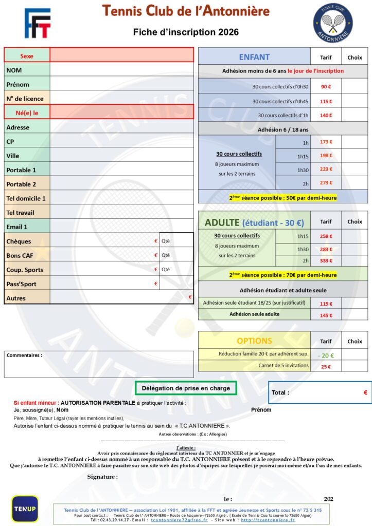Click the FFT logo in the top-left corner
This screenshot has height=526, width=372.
coord(38,23)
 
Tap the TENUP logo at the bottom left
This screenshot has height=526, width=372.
coord(25,509)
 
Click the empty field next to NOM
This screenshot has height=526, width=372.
coord(121,70)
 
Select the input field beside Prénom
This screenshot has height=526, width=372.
coord(121,84)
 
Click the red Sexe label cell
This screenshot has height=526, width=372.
coord(27,55)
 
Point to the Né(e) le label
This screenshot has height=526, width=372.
coord(27,112)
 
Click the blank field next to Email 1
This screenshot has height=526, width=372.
coord(121,227)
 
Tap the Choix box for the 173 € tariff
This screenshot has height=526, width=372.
coord(355,142)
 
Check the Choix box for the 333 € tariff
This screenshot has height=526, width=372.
coord(355,260)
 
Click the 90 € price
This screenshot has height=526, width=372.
coord(326,87)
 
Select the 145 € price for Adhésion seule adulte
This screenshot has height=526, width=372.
coord(326,315)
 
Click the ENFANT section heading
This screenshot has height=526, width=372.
coord(254,57)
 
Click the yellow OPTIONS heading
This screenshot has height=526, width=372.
coord(254,341)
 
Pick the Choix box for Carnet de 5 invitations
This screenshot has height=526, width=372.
coord(355,367)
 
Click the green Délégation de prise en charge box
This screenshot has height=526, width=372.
coord(186,388)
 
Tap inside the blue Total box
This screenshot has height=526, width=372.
coord(319,392)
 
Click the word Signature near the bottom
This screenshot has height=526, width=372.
coord(102,477)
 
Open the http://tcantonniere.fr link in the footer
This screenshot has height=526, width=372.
coord(268,520)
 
